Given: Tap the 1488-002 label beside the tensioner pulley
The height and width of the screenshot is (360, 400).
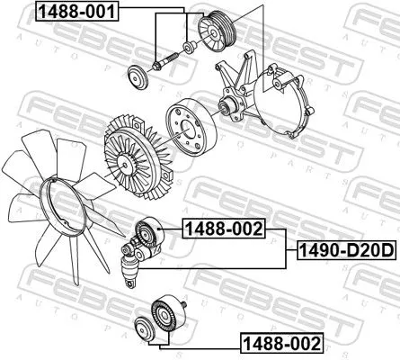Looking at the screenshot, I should [223, 228].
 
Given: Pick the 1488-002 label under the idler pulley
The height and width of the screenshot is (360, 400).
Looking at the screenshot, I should [280, 342].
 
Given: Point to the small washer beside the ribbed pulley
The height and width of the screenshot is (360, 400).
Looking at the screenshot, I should [186, 47].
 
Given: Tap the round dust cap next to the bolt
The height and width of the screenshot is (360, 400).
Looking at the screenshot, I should [137, 78].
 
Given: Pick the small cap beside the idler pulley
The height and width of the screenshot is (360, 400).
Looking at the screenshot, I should [143, 327].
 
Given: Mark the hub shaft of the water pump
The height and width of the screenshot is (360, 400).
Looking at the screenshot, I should [227, 107].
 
